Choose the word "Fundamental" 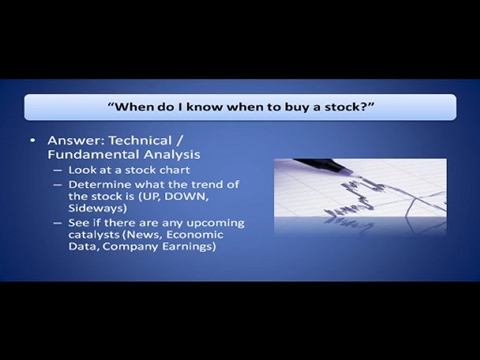point(91,155)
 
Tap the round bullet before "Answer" point(33,141)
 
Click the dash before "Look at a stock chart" point(58,170)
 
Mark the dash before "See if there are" point(58,223)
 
